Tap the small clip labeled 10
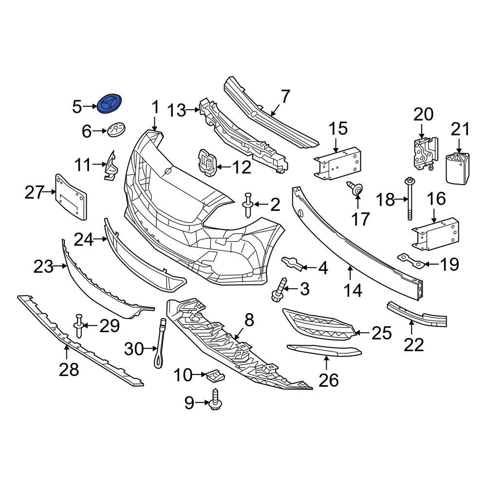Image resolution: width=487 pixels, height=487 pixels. click(x=215, y=375)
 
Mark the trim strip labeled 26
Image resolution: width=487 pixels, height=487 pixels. click(x=324, y=350)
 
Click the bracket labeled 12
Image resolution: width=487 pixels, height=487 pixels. click(x=207, y=162)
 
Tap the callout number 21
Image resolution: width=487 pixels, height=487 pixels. click(x=461, y=130)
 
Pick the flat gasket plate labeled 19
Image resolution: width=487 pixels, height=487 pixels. click(x=410, y=260)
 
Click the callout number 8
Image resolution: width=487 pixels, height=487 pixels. click(x=249, y=320)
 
